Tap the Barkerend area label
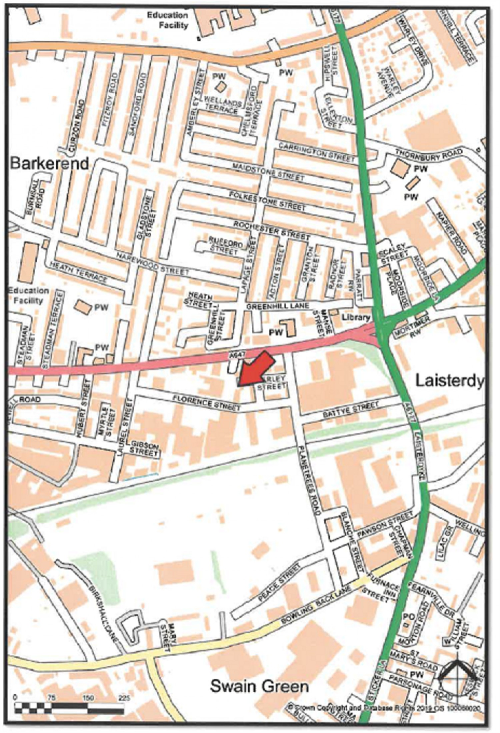point(50,163)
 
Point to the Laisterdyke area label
point(448,381)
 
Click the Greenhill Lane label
point(278,306)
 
